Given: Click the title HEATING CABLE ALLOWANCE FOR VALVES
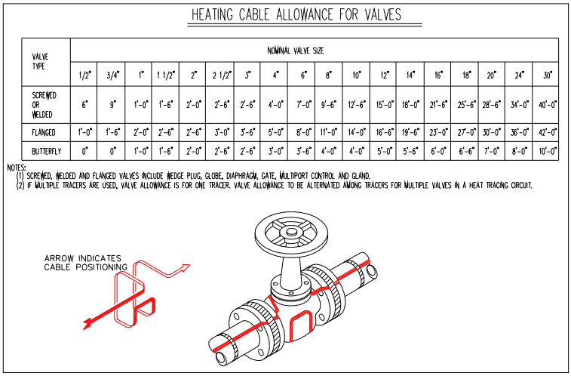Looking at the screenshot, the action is click(x=296, y=14).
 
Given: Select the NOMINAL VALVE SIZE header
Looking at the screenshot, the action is click(x=296, y=51).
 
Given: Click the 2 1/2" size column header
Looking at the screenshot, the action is click(x=222, y=75).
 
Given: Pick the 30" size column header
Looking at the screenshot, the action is click(x=548, y=75).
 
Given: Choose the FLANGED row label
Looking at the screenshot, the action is click(x=44, y=132).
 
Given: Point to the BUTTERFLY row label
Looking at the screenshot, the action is click(x=46, y=151).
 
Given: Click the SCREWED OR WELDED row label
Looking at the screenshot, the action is click(x=44, y=105).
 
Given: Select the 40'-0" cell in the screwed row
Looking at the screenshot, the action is click(x=548, y=105).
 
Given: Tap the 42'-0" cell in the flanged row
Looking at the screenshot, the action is click(x=548, y=132).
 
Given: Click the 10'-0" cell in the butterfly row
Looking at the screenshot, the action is click(x=548, y=151).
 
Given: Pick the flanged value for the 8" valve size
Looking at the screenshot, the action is click(x=328, y=132).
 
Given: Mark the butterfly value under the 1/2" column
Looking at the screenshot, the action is click(x=84, y=151).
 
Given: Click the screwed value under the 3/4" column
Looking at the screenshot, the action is click(x=112, y=105).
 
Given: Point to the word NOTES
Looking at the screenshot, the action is click(x=17, y=168).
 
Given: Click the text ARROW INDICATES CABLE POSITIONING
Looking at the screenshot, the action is click(x=85, y=263).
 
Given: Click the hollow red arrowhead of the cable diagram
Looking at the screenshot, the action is click(x=184, y=268).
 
